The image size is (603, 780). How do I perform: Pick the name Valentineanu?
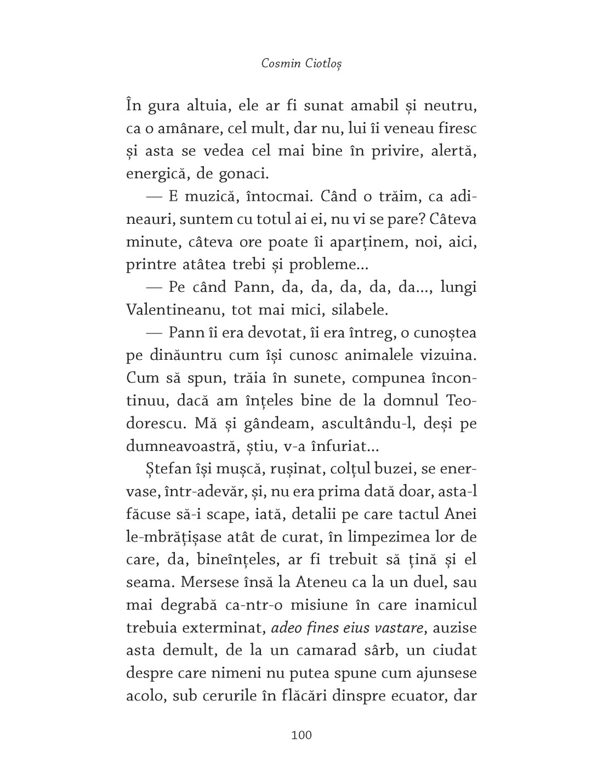tap(173, 310)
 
